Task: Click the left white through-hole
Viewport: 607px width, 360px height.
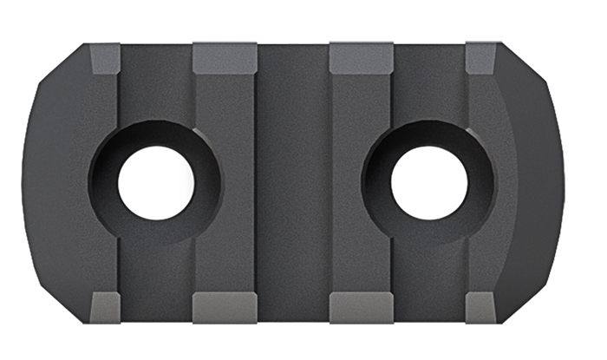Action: [x=156, y=182]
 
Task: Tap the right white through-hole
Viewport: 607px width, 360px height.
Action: [x=429, y=182]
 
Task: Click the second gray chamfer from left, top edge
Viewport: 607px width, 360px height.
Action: [x=224, y=57]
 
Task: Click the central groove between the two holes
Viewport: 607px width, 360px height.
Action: [x=292, y=182]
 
